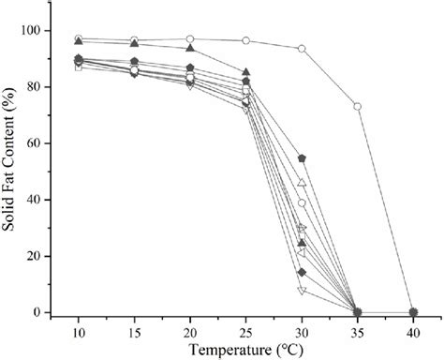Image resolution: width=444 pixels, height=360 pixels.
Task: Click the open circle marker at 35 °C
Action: pos(357,106)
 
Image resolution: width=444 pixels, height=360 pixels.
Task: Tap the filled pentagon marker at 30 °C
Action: pos(302,158)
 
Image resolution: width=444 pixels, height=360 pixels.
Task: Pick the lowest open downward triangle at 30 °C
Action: pos(302,291)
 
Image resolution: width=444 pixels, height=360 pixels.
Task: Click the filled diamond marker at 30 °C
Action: pos(302,272)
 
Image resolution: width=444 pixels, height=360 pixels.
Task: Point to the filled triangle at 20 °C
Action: pos(190,48)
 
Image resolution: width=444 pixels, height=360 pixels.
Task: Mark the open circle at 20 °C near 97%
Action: pos(190,39)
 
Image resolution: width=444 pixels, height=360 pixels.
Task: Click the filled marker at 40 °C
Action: pos(413,312)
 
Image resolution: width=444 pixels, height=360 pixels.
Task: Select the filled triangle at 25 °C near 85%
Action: pos(246,72)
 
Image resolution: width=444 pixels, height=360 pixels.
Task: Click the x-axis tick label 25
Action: pos(246,335)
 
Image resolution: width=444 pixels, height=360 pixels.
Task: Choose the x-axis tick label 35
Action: pos(357,335)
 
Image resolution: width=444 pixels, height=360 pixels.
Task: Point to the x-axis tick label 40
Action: pos(413,335)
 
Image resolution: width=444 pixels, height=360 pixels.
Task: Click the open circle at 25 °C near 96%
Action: pos(246,41)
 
